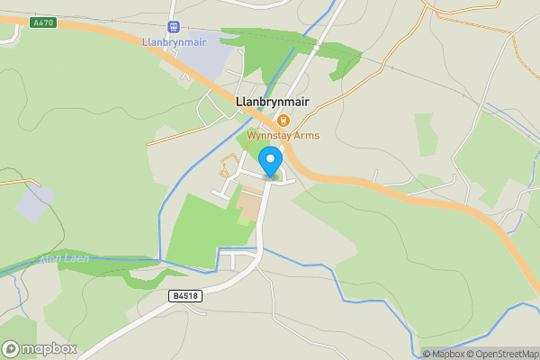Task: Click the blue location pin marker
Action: pos(269,163)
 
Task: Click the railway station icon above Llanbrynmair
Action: pos(174,28)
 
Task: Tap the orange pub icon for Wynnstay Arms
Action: pos(283,120)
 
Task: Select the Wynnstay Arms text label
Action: pos(283,136)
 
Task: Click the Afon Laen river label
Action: pos(63,259)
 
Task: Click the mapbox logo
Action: pos(39,348)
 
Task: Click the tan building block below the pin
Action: pos(247,207)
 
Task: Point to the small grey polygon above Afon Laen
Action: pos(33,203)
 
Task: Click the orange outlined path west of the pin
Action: pos(229,166)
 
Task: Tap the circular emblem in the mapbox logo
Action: pos(12,348)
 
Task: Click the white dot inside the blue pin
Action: pos(269,159)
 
